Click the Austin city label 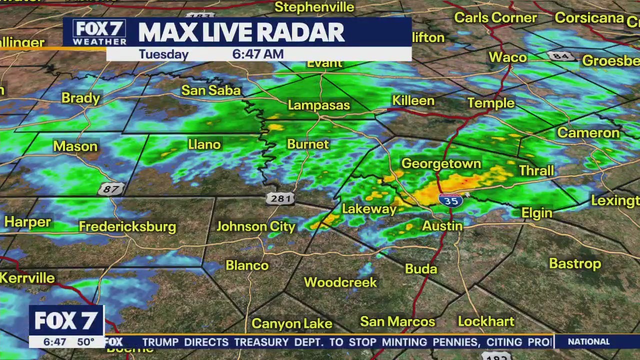[x=442, y=226]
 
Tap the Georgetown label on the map [x=441, y=164]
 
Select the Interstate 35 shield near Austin [x=450, y=200]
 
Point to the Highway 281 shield [x=280, y=198]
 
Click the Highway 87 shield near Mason [x=110, y=188]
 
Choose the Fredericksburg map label [x=127, y=227]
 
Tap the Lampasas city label [x=318, y=105]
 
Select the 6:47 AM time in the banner [x=258, y=54]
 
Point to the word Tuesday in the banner [x=163, y=54]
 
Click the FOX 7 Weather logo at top [x=99, y=32]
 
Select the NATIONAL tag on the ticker [x=588, y=342]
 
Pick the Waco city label [x=507, y=57]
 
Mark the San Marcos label [x=397, y=321]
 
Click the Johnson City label [x=256, y=226]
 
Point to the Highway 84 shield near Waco [x=560, y=56]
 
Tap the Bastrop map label [x=574, y=263]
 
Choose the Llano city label [x=204, y=144]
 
